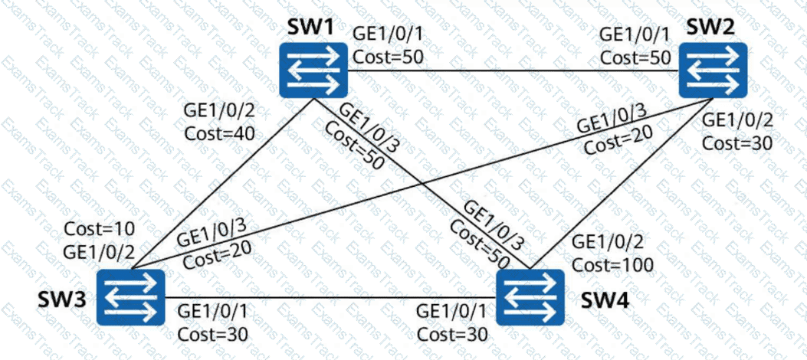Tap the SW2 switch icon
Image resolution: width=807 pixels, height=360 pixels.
(713, 70)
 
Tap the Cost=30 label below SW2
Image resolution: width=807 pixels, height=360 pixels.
(738, 142)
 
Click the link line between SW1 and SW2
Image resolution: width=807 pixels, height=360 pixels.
(513, 70)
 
